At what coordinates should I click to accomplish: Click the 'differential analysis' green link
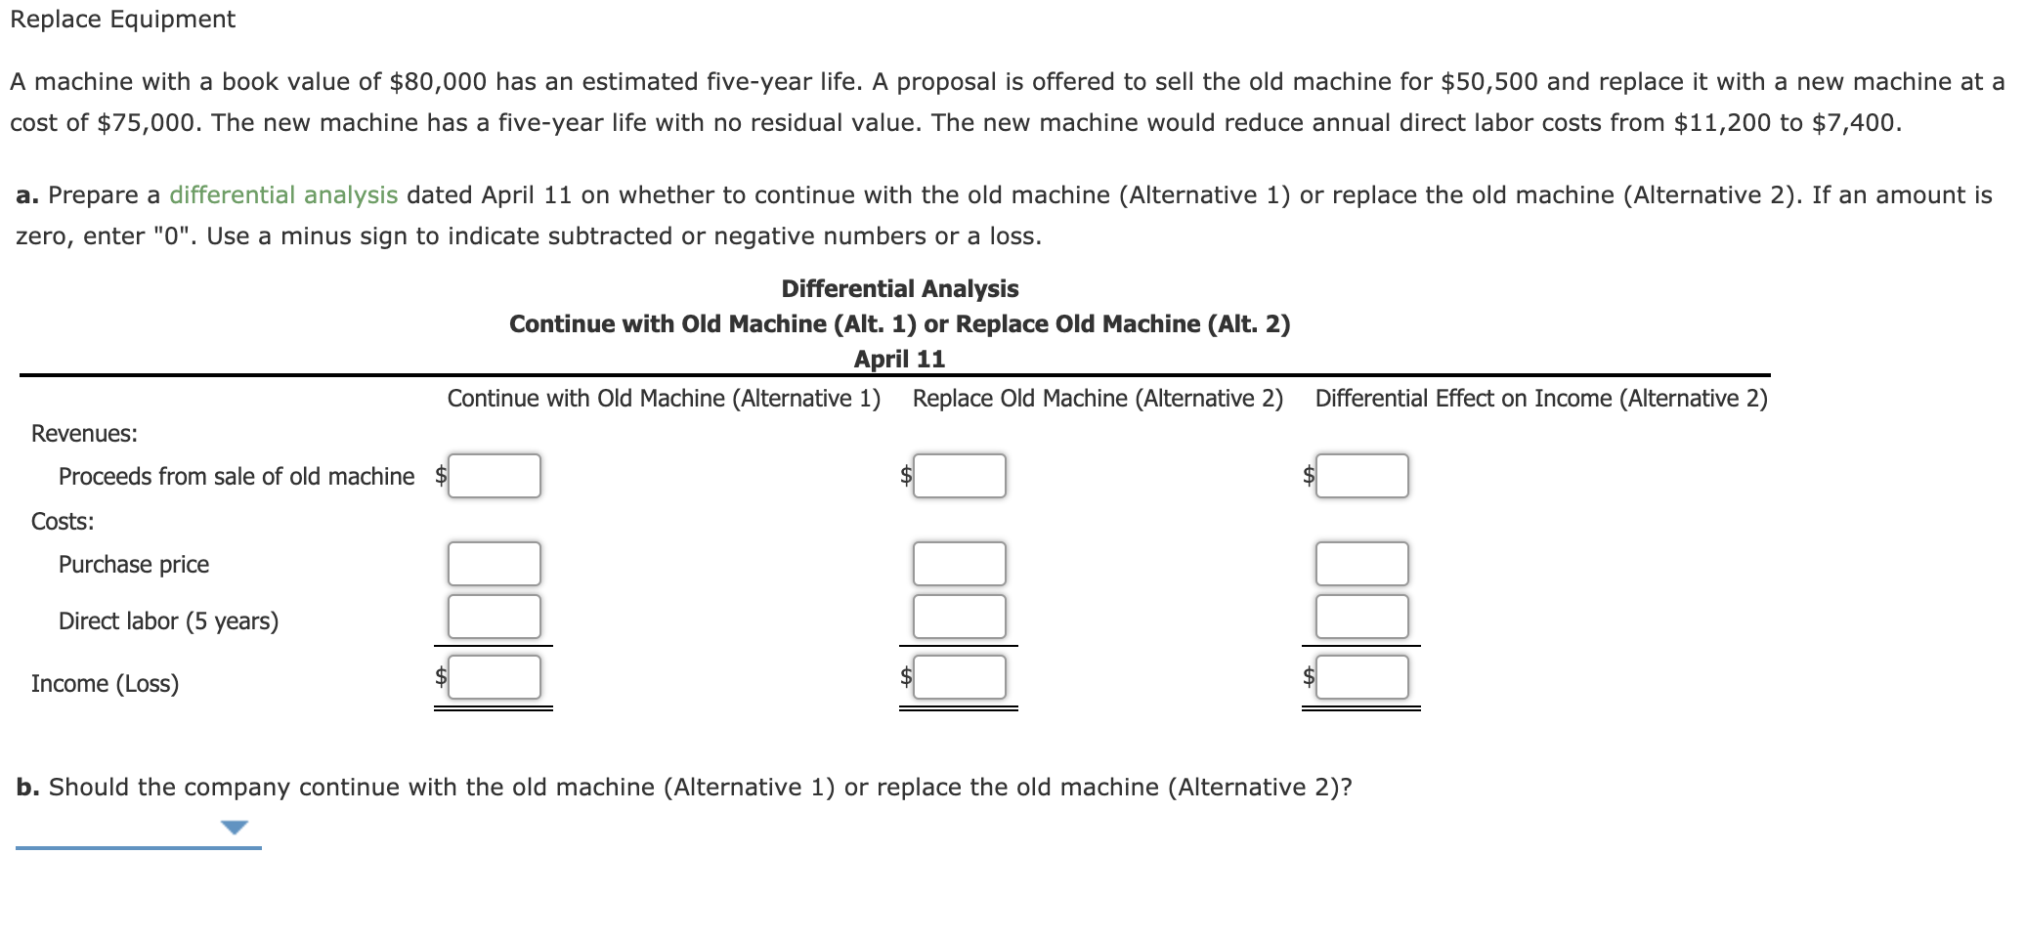pos(283,195)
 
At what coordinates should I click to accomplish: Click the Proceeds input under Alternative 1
pos(495,476)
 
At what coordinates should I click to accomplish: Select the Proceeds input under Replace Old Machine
pos(959,476)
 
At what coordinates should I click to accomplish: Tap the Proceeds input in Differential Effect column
pos(1361,476)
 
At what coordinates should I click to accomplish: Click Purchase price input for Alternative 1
pos(495,564)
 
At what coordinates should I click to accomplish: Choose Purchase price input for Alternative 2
pos(959,564)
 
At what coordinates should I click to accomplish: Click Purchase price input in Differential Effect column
pos(1361,564)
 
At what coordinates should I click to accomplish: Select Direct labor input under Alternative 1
pos(495,617)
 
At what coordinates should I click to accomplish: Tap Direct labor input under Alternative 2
pos(959,617)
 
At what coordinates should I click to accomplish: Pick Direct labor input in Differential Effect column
pos(1361,617)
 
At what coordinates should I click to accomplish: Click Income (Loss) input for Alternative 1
pos(495,677)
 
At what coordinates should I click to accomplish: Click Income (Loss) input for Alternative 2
pos(959,677)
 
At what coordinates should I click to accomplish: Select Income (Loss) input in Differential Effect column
pos(1361,677)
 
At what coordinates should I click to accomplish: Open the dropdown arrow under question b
pos(235,828)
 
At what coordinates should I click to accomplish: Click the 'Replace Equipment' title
pos(123,20)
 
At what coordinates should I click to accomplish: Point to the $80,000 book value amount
pos(438,82)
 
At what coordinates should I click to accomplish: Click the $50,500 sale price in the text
pos(1489,82)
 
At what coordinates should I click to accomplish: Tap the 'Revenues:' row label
pos(84,434)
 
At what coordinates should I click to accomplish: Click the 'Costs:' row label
pos(63,522)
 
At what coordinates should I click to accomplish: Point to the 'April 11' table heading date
pos(899,360)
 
